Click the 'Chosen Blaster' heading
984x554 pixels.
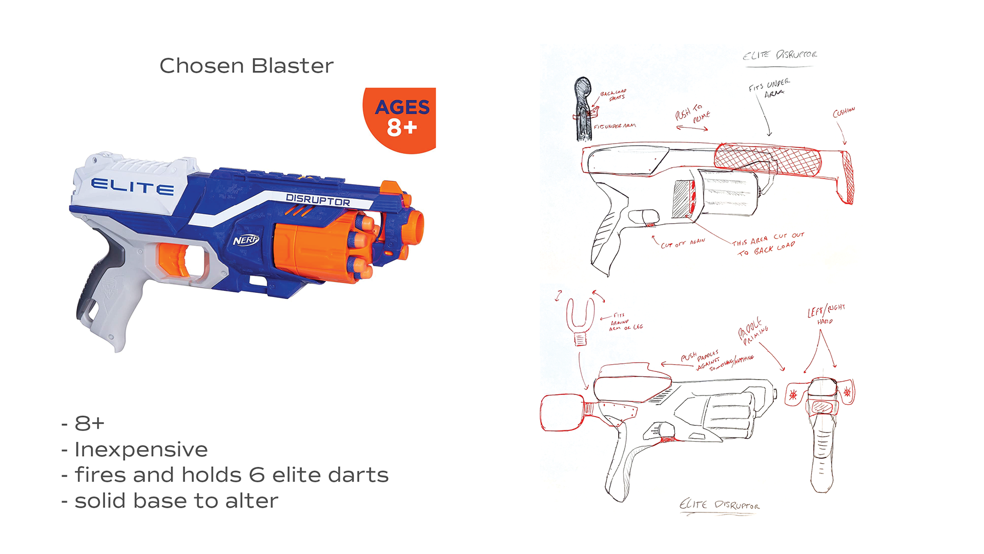246,66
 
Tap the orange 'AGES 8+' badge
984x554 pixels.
401,118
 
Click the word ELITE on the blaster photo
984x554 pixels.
132,187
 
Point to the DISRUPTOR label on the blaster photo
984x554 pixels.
318,200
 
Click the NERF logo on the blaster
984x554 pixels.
246,240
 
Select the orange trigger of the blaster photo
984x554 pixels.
174,259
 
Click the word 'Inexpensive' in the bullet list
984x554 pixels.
141,449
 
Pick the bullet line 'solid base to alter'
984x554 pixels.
176,501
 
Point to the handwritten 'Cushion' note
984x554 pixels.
844,112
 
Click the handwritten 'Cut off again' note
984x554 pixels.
683,243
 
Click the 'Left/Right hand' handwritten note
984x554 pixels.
826,313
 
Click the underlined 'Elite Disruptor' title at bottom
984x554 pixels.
719,505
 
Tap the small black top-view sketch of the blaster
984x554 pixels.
583,108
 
